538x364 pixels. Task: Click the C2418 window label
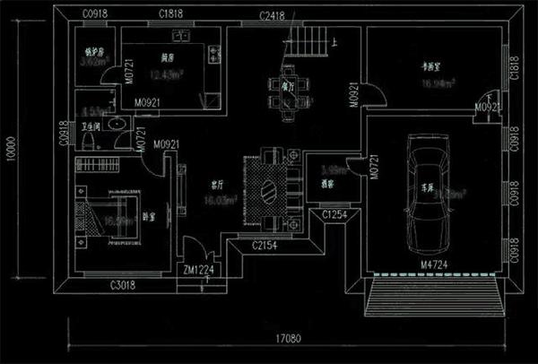(x=274, y=16)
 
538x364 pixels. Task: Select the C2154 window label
(x=265, y=245)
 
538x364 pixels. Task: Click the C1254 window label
(x=334, y=215)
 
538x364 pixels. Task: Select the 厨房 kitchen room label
(x=167, y=57)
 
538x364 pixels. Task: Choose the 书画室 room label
(x=437, y=66)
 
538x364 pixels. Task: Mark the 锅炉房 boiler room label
(x=93, y=51)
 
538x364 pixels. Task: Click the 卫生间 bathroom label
(x=90, y=127)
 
